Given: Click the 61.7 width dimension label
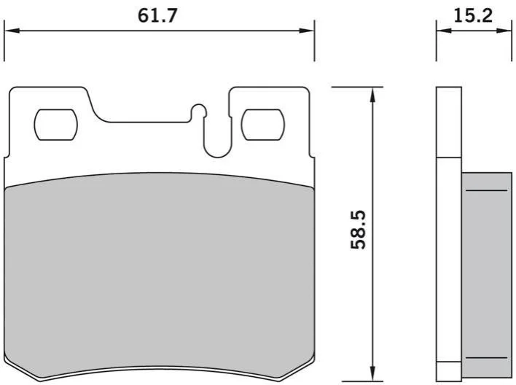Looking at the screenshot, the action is (157, 15).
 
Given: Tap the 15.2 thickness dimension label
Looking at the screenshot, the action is (473, 15).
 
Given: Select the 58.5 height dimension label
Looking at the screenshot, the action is (358, 230).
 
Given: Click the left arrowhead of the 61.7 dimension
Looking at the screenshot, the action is (12, 31).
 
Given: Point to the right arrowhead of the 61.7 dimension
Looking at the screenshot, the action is (306, 31).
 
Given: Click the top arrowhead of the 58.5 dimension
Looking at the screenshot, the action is (373, 95).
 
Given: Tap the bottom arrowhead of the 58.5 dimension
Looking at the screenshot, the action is (373, 373).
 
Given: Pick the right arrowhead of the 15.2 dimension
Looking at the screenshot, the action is (504, 31).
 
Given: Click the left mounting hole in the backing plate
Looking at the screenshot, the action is (56, 125).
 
